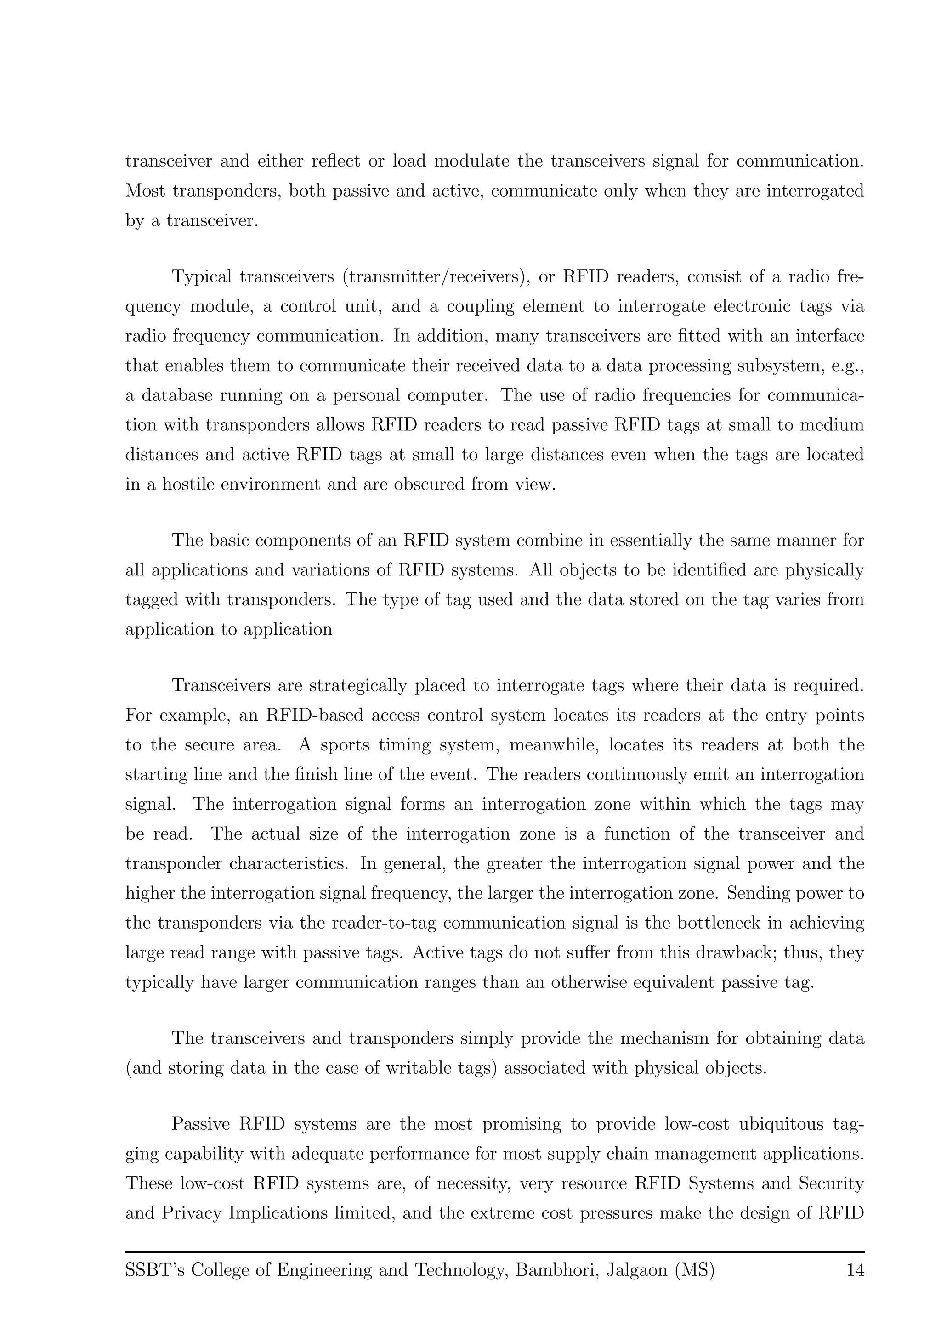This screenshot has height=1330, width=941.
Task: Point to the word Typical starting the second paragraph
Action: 202,277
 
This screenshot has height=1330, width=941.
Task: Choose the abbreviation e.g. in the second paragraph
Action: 846,366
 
